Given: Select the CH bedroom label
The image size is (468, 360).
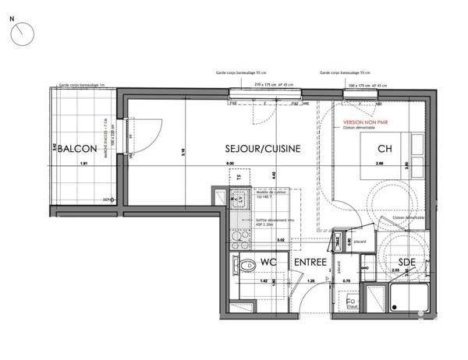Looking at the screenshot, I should (x=384, y=149).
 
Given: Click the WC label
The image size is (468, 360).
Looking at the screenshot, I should (x=269, y=263).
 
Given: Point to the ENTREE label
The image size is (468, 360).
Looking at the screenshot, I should (x=310, y=263).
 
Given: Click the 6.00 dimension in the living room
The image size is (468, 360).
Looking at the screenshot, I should (x=231, y=163).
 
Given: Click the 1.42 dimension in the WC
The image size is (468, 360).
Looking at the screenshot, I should (x=264, y=280).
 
